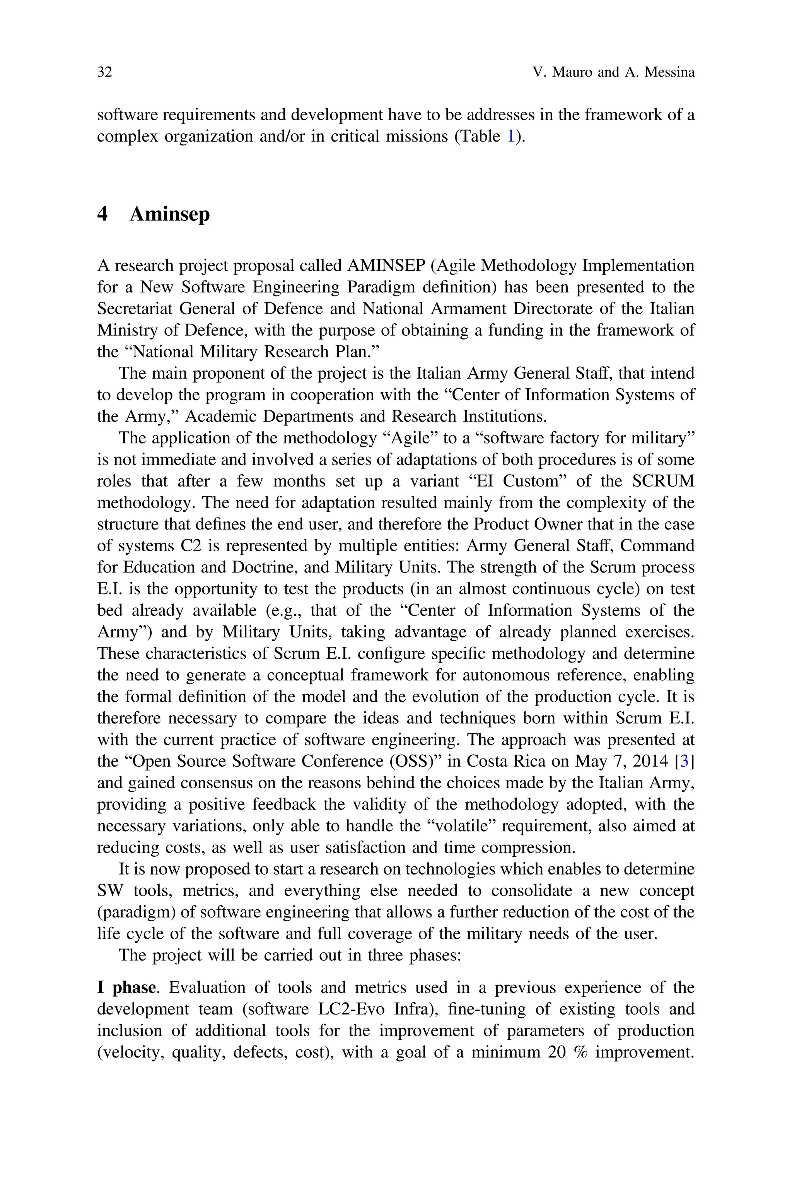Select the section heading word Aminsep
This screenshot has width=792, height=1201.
pyautogui.click(x=169, y=214)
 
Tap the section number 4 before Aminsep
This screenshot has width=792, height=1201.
pyautogui.click(x=102, y=214)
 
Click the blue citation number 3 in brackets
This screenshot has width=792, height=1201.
pyautogui.click(x=685, y=761)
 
